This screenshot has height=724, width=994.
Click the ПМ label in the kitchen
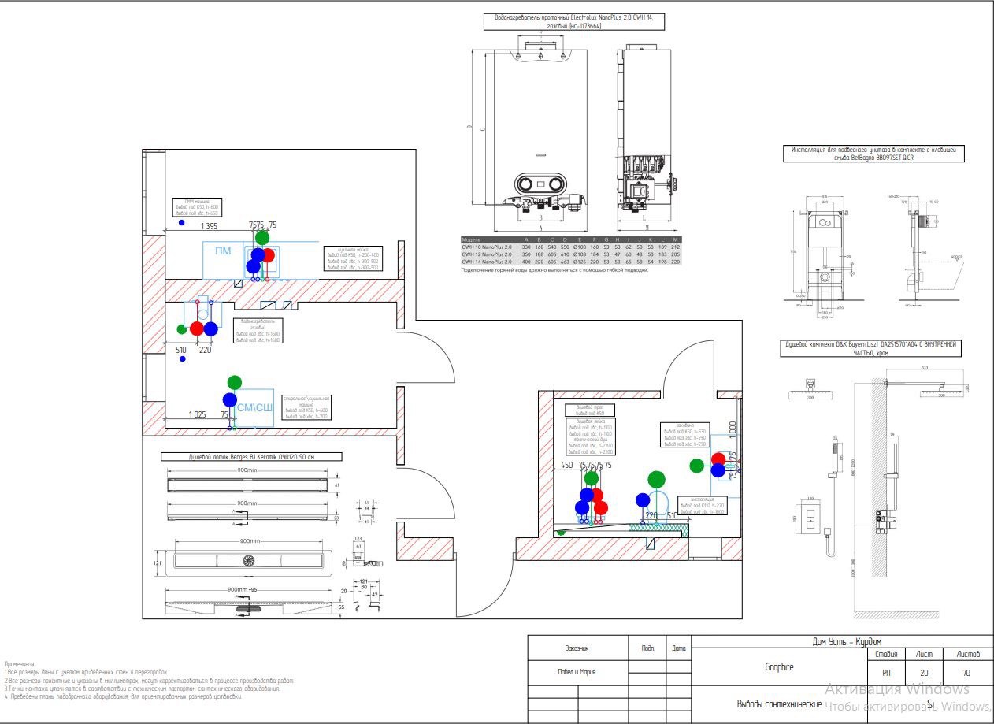223,251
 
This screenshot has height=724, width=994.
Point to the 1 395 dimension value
209,227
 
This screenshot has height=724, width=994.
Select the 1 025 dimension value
197,414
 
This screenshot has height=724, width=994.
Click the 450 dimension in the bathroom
566,466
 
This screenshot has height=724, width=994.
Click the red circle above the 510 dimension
196,329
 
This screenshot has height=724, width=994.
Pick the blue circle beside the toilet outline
643,499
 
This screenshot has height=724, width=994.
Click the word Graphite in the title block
779,667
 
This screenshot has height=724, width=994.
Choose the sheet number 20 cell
923,673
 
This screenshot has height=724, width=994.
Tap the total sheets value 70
966,673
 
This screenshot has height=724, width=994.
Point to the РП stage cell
882,673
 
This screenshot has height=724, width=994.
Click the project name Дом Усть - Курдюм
847,642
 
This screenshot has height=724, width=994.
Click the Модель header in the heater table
471,239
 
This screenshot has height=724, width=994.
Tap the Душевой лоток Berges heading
251,456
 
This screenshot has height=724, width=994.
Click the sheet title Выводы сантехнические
779,704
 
